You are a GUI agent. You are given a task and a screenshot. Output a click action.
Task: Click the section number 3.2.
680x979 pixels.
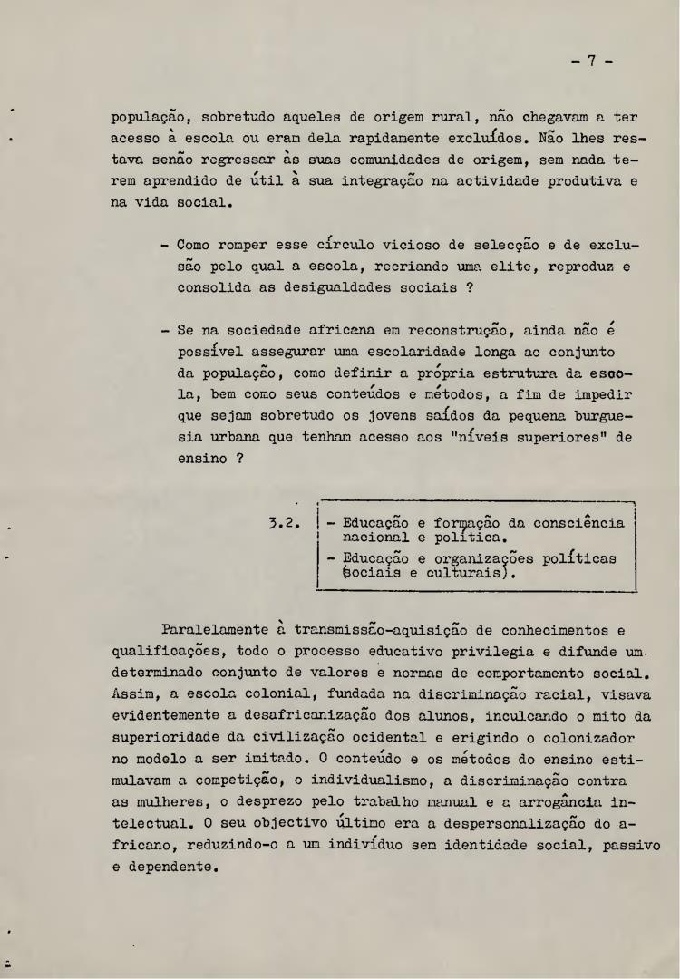click(286, 523)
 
